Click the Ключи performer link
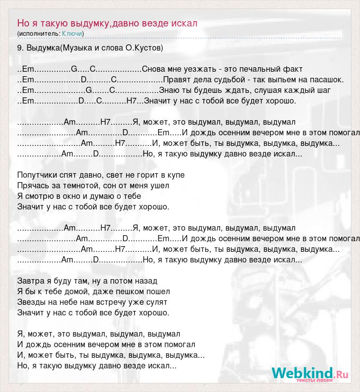point(72,33)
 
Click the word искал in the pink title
point(184,23)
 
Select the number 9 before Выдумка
point(20,48)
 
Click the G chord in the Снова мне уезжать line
point(74,69)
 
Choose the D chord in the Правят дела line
point(84,80)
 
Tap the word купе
point(176,175)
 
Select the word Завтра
point(30,281)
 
